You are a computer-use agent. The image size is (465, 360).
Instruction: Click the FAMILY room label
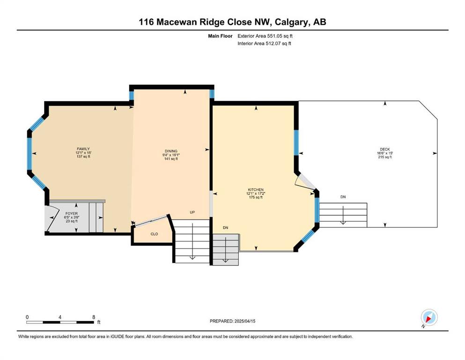(x=83, y=149)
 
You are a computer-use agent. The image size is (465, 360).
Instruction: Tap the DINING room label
(x=171, y=151)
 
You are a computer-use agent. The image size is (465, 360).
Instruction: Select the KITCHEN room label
(x=256, y=190)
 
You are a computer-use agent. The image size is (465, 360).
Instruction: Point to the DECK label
(x=385, y=149)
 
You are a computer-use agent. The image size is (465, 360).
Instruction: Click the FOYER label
(x=72, y=213)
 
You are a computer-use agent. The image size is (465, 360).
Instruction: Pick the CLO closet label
(x=154, y=234)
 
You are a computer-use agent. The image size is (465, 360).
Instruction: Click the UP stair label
(x=192, y=212)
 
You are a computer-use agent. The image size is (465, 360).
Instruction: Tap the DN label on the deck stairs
(x=343, y=197)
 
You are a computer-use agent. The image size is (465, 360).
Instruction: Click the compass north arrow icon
(x=429, y=317)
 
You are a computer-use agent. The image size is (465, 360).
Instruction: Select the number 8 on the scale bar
(x=94, y=317)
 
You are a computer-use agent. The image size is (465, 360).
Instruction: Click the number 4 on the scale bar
(x=60, y=317)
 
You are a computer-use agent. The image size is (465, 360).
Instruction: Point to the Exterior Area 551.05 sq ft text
(x=265, y=36)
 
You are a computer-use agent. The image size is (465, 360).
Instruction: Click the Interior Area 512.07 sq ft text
(x=264, y=43)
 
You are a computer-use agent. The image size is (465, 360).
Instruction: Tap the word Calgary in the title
(x=291, y=22)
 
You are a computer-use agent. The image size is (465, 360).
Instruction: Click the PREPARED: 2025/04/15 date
(x=232, y=321)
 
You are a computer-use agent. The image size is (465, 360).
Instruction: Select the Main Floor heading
(x=220, y=36)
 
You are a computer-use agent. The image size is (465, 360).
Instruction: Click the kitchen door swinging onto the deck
(x=305, y=181)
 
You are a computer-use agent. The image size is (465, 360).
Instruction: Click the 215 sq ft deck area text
(x=385, y=157)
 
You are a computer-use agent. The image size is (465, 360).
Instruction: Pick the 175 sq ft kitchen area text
(x=256, y=197)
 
